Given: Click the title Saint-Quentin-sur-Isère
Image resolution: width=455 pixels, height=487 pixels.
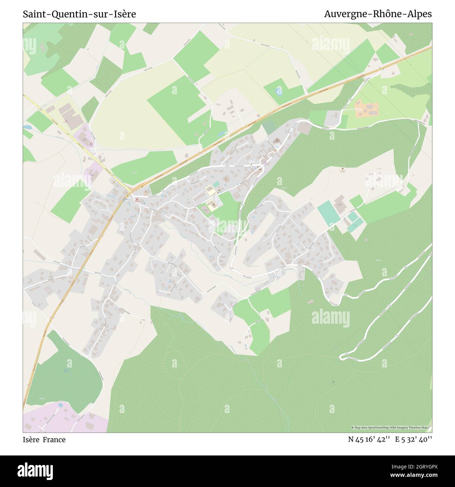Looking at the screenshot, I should (x=79, y=14).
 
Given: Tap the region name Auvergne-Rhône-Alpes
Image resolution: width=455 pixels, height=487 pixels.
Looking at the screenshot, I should (x=378, y=14).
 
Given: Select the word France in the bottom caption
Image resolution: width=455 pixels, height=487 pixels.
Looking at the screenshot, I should (x=54, y=440).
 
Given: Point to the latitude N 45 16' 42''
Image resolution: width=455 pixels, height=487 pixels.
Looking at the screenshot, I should (x=369, y=439).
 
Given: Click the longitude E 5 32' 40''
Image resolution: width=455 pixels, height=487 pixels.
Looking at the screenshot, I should (x=413, y=439).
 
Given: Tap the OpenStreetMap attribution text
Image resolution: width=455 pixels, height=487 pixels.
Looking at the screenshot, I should (x=391, y=427).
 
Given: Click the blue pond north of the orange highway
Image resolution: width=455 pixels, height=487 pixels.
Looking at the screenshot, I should (x=279, y=92).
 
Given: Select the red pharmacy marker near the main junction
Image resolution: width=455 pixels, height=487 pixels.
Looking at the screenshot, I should (x=136, y=200).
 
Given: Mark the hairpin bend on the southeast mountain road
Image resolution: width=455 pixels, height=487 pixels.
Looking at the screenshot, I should (x=342, y=357).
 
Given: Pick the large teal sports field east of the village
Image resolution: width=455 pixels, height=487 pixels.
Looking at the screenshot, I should (x=328, y=213).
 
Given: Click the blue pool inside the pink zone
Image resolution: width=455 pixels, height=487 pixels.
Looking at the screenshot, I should (x=61, y=405).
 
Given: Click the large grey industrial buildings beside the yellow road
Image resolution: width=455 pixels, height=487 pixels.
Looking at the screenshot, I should (x=70, y=114).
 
